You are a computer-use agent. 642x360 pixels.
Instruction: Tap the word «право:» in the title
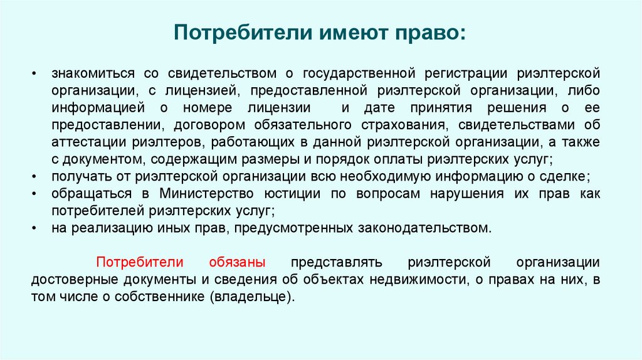[x=430, y=31]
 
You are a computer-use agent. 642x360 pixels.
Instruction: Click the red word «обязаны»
[x=238, y=261]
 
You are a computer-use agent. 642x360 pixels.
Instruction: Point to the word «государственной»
[x=359, y=75]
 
